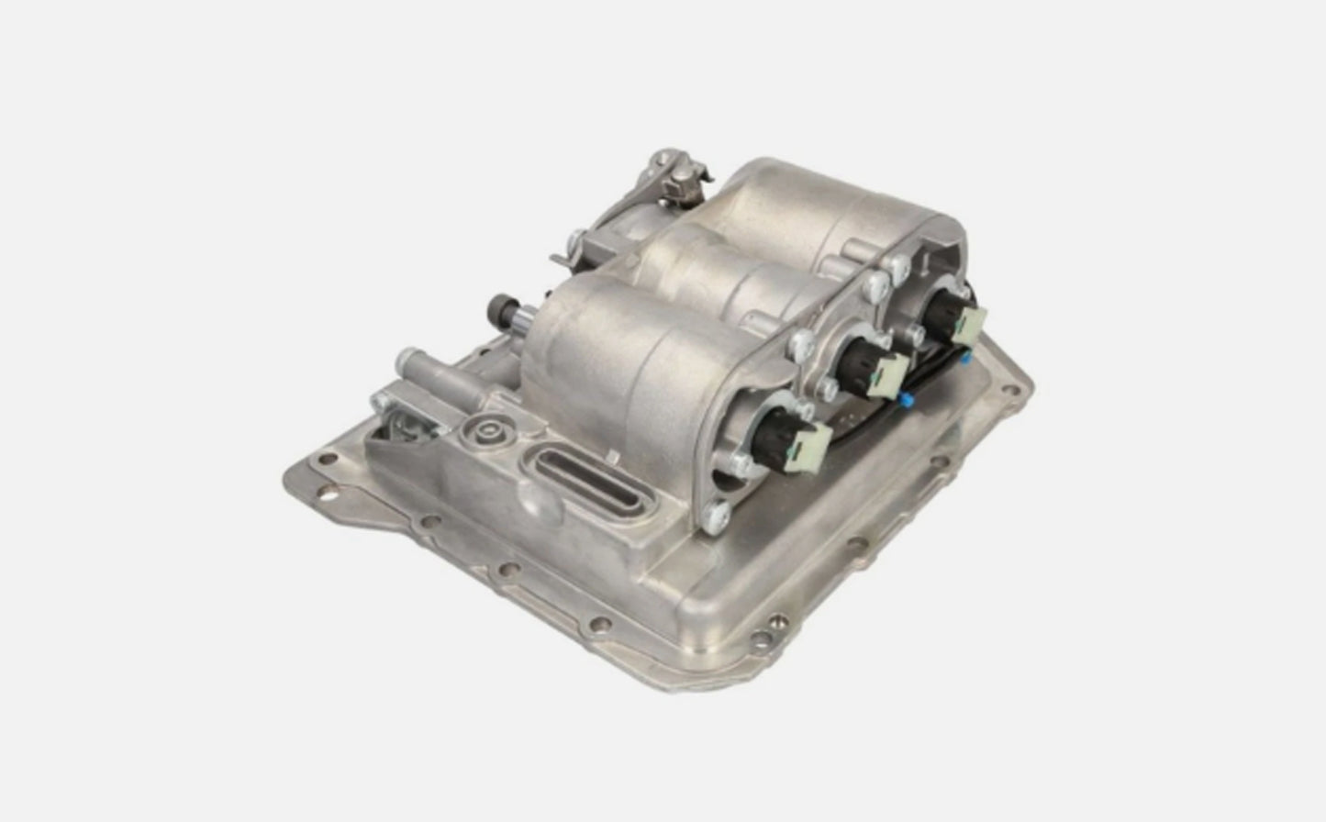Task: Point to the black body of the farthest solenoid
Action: [937, 314]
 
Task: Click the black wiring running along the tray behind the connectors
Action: [863, 423]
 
